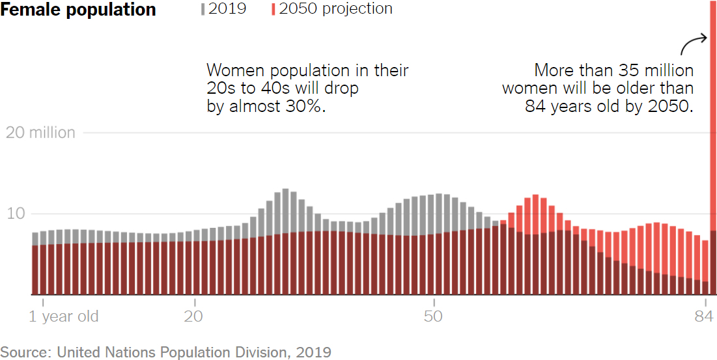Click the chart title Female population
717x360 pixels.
[x=78, y=10]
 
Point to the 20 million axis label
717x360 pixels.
[x=40, y=133]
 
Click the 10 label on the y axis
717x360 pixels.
[x=17, y=214]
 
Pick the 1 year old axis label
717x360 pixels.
[x=64, y=317]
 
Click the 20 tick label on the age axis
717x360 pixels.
[x=194, y=317]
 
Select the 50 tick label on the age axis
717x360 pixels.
[x=433, y=317]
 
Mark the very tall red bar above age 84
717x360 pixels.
[x=712, y=130]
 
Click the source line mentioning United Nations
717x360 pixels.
[x=165, y=352]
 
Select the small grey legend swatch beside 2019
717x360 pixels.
[x=203, y=9]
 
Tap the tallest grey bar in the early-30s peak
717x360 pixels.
[x=285, y=208]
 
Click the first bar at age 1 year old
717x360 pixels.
[x=35, y=264]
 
